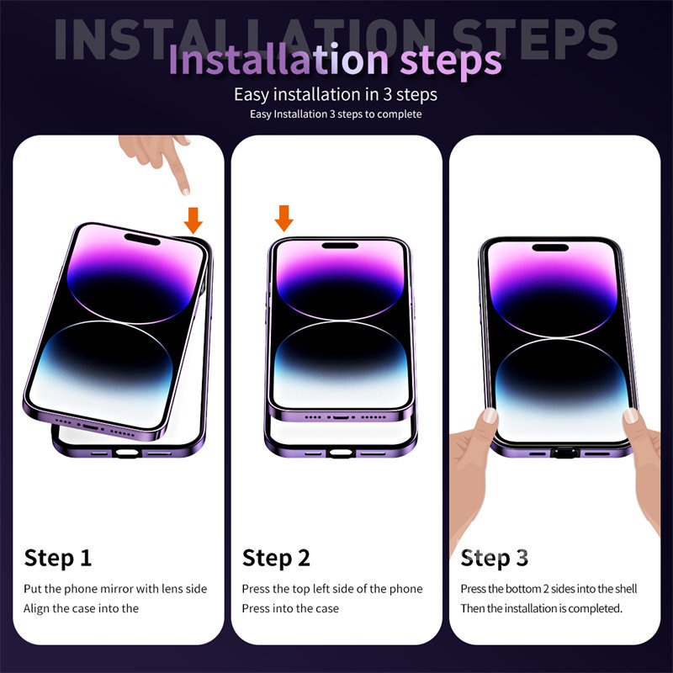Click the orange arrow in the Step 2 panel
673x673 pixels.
coord(284,217)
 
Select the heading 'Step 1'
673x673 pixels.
coord(58,558)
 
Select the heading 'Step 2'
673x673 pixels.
coord(276,558)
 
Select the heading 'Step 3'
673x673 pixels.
coord(495,558)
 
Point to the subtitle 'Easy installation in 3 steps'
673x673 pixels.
coord(336,94)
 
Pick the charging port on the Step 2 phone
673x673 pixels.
coord(341,416)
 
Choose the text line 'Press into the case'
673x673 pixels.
coord(290,608)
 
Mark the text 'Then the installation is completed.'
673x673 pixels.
coord(541,608)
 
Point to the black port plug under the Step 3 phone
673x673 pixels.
coord(560,453)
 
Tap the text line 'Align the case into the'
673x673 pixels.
coord(81,608)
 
